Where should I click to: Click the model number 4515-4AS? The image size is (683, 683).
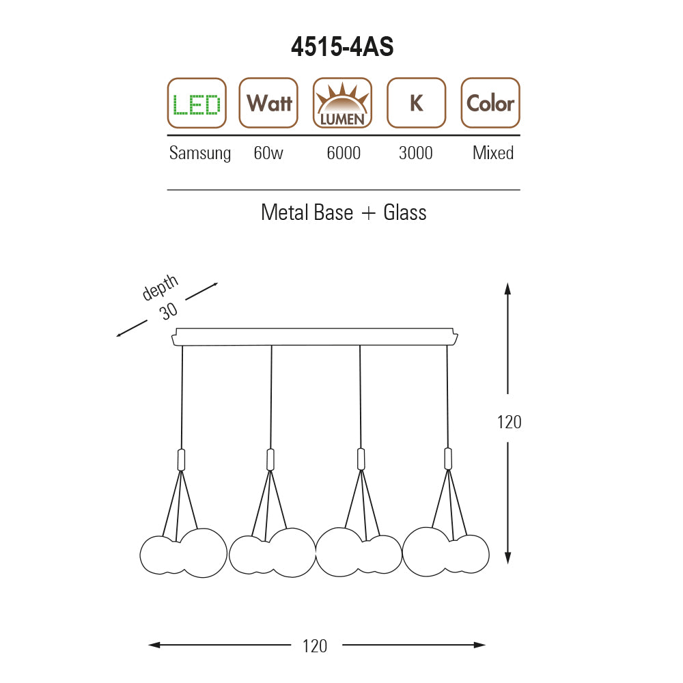342,46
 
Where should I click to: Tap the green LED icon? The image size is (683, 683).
197,103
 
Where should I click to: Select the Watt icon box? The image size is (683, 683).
268,103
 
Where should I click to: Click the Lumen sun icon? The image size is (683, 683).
342,103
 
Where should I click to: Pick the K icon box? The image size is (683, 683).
417,103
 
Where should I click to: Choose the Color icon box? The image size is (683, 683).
490,103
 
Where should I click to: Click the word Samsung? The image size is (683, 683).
200,153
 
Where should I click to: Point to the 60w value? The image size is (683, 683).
268,153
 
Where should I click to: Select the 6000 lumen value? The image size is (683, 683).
344,153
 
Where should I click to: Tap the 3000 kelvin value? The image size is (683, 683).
415,153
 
